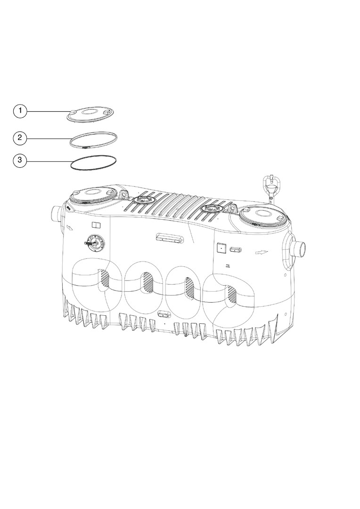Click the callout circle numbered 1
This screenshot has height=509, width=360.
coord(20,111)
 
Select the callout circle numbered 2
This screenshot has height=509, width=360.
coord(20,138)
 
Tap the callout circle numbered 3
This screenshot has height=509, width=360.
coord(20,160)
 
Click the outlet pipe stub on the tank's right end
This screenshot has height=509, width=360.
coord(298,248)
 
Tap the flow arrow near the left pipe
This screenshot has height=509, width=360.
coord(70,229)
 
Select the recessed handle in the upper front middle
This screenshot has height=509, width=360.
coord(169,238)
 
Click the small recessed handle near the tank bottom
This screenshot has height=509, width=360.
coord(164,314)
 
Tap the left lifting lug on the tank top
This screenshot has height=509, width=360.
coord(124,195)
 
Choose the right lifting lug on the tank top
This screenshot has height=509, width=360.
coord(231,208)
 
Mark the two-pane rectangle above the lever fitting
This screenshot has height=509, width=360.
coord(97,225)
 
